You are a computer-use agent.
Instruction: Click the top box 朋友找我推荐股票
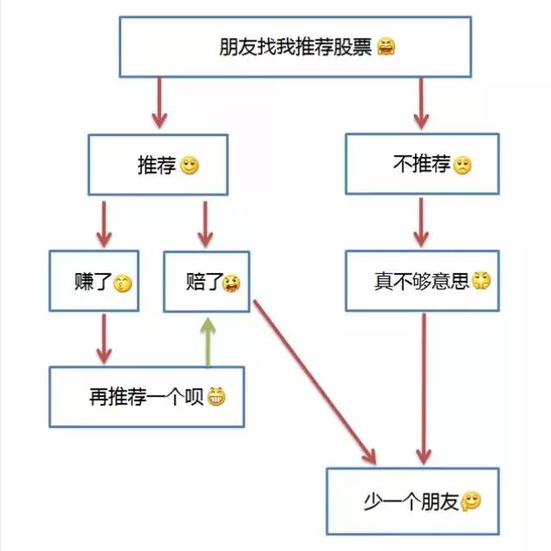[294, 46]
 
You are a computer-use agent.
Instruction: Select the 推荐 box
[158, 164]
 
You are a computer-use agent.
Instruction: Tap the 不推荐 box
[422, 164]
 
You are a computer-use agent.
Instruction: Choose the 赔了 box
[206, 282]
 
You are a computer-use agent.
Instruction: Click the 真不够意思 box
[422, 281]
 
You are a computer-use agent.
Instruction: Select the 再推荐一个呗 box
[146, 397]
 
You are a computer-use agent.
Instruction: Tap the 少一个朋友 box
[412, 500]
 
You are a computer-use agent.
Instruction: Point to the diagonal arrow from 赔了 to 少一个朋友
[314, 379]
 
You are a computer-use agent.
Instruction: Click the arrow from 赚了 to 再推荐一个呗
[104, 337]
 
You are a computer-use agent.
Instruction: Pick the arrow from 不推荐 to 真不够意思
[420, 222]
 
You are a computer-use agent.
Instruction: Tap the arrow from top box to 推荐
[158, 103]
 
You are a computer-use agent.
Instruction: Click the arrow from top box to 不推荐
[421, 103]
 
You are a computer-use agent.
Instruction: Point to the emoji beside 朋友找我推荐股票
[387, 46]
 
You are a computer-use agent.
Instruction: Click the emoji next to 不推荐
[462, 164]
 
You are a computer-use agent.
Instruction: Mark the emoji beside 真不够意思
[481, 281]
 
